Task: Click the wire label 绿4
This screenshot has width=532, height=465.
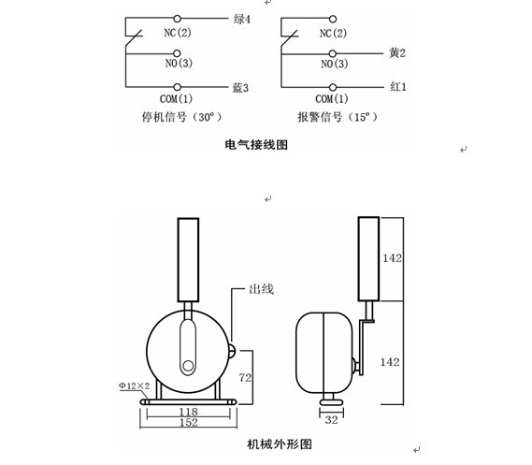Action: [x=242, y=19]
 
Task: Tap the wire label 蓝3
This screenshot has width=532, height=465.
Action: [x=240, y=88]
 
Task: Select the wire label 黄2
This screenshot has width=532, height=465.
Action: [x=397, y=53]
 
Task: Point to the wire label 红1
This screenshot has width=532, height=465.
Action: [x=398, y=87]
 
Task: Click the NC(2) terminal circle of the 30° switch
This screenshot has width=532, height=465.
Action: [x=177, y=19]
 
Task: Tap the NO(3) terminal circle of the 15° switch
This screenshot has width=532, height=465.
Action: [x=333, y=53]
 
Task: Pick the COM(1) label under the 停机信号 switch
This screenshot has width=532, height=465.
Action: [x=176, y=99]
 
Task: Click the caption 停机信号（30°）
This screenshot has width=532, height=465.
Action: [x=181, y=117]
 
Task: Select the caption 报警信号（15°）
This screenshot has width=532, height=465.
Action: [x=338, y=117]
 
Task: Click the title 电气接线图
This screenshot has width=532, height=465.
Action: [x=256, y=145]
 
